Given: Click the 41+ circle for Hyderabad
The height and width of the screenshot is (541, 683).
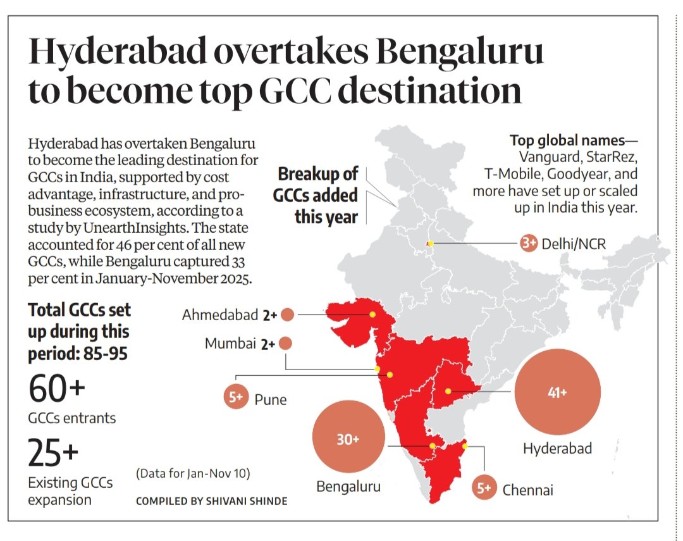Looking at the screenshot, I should point(557,392).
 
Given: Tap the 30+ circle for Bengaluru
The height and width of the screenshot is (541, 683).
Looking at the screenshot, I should point(348,440).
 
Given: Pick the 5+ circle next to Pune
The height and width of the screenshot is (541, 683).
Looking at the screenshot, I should point(236,397).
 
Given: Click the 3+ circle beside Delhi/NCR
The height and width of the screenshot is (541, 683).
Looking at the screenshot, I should point(529,243).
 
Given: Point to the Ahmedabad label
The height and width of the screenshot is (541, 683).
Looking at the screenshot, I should point(219,314).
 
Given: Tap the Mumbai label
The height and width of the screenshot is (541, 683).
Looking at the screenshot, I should point(230,344).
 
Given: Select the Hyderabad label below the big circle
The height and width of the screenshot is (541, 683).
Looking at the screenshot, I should point(557,449).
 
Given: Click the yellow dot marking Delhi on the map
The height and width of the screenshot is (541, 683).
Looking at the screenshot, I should point(431,243).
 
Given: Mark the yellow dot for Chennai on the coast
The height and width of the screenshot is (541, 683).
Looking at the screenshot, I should point(465,446).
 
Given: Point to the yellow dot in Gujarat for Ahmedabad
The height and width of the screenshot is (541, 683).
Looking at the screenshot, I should point(372,314).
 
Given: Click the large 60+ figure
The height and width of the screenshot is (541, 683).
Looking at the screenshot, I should point(56,389).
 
